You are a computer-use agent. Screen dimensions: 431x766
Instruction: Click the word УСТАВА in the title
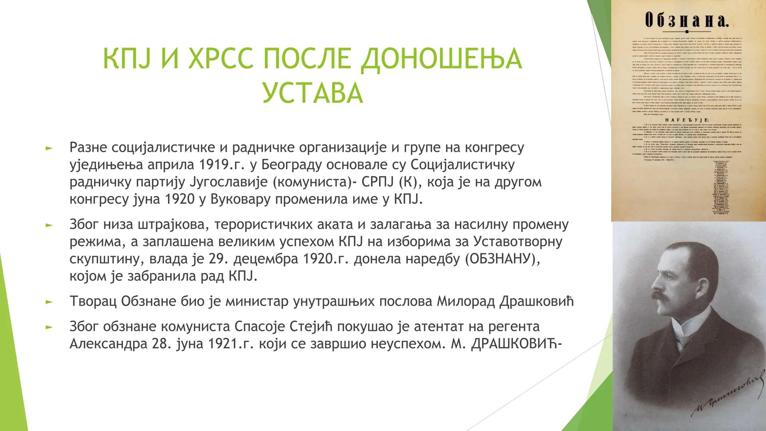(x=312, y=93)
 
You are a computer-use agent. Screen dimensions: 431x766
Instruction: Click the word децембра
(x=266, y=259)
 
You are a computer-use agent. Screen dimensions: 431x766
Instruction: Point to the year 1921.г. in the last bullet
(x=231, y=344)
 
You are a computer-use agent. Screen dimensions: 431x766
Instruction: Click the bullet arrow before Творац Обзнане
(x=49, y=302)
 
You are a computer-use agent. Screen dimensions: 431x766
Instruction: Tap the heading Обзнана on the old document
(x=687, y=20)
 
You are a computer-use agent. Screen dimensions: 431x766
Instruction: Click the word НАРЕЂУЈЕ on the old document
(x=686, y=119)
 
